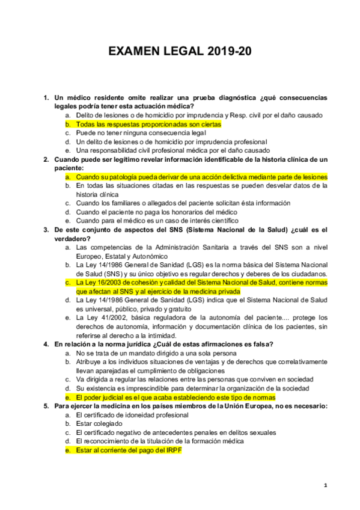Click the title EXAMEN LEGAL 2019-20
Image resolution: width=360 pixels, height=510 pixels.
pos(180,52)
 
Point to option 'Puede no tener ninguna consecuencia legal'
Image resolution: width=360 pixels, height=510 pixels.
pos(141,132)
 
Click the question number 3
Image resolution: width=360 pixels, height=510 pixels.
pos(46,230)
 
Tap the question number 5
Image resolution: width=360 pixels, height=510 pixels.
pos(46,406)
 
